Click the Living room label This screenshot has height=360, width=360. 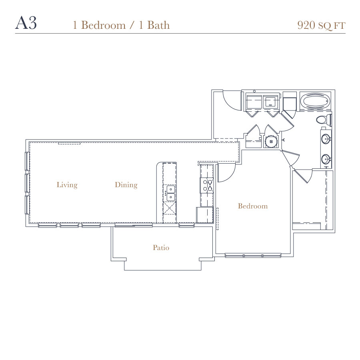coord(67,185)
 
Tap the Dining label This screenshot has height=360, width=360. coord(126,185)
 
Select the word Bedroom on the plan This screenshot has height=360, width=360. coord(253,206)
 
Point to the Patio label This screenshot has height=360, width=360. coord(161,248)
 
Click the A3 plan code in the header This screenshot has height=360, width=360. coord(26,23)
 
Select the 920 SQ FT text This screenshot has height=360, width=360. coord(321,25)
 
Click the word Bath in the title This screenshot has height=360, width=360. coord(158,25)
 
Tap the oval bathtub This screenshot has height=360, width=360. coord(315,101)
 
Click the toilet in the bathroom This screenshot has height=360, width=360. coord(324,120)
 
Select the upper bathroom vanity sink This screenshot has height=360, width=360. coord(326,139)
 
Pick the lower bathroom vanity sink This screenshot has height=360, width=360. coord(326,159)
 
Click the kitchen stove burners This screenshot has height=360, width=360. coord(207,186)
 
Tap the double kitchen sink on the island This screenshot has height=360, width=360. coord(170,193)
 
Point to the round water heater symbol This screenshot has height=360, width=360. coord(271,142)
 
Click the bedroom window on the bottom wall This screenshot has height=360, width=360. coord(253,256)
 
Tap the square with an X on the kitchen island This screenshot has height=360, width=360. coord(170,208)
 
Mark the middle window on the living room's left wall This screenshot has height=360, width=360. coord(27,183)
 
